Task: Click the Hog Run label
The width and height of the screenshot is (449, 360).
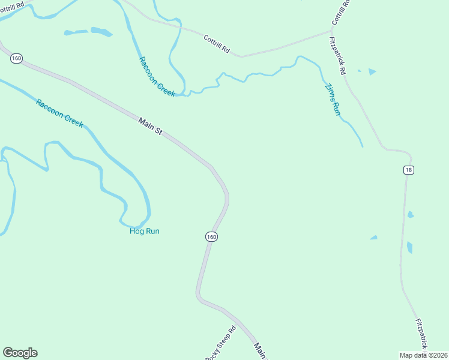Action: pos(145,231)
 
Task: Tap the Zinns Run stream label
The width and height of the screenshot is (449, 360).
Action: pos(333,98)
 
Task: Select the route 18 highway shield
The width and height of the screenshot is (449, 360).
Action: pos(408,170)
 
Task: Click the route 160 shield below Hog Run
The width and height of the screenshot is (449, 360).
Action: pos(211,236)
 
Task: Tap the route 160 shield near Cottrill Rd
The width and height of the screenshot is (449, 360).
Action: pos(16,58)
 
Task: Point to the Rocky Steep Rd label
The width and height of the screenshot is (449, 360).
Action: pos(221,343)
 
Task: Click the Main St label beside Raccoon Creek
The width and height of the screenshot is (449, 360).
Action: pos(150,125)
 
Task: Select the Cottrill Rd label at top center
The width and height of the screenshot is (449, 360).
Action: pos(217,44)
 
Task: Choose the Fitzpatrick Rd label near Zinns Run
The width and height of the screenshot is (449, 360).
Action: pos(338,55)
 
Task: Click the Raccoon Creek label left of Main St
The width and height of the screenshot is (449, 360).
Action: pos(59,113)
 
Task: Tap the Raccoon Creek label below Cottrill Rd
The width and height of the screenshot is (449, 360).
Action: pos(157,77)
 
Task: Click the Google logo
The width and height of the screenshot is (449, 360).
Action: pos(20,353)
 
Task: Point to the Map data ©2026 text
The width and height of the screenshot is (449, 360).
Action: pos(423,355)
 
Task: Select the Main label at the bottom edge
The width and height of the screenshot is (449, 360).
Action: pos(260,350)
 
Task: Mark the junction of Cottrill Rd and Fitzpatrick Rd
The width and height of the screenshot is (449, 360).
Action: pos(331,29)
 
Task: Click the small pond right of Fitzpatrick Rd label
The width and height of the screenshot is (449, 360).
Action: pos(372,72)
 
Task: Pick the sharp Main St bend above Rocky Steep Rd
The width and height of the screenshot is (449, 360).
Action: pos(198,295)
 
